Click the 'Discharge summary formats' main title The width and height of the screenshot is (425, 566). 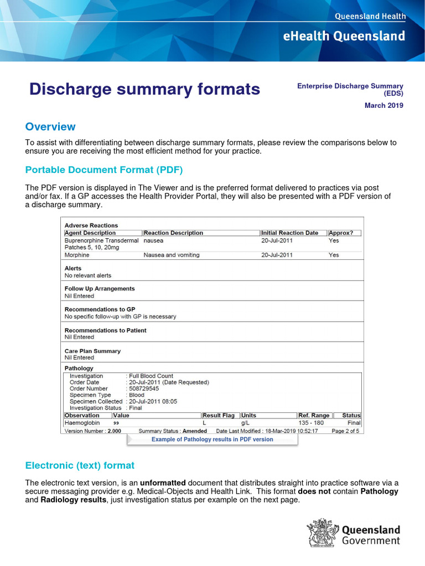[144, 89]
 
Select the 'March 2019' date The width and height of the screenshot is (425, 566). [383, 106]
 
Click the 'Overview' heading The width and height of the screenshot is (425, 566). [50, 127]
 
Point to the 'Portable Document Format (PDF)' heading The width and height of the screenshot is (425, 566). [104, 170]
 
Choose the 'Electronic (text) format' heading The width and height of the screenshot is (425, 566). [80, 465]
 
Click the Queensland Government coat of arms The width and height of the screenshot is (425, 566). [322, 532]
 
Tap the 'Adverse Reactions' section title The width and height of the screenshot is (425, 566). [91, 226]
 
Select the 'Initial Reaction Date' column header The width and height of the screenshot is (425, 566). [289, 233]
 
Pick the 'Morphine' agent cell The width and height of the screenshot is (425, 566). [77, 255]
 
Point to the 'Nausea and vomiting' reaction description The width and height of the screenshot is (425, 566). [172, 255]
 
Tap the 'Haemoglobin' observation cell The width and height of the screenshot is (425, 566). [82, 423]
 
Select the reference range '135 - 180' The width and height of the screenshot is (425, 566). [311, 423]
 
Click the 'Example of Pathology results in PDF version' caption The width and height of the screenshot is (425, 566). [212, 439]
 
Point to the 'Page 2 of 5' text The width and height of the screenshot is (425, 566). [345, 431]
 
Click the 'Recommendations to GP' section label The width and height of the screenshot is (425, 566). [100, 310]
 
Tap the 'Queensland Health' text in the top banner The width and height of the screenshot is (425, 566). [370, 17]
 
